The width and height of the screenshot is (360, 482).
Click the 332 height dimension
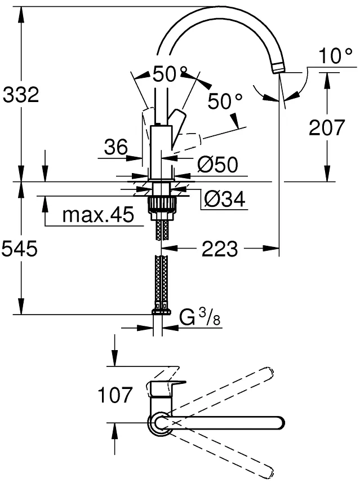tap(21, 94)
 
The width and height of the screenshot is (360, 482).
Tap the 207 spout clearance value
tap(327, 127)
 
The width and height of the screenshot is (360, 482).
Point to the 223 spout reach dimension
tap(220, 249)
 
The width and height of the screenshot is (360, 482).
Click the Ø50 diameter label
tap(217, 165)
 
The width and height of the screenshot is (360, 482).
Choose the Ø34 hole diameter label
tap(225, 199)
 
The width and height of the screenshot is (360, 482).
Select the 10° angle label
tap(335, 56)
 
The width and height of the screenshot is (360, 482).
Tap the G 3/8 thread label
tap(200, 318)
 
